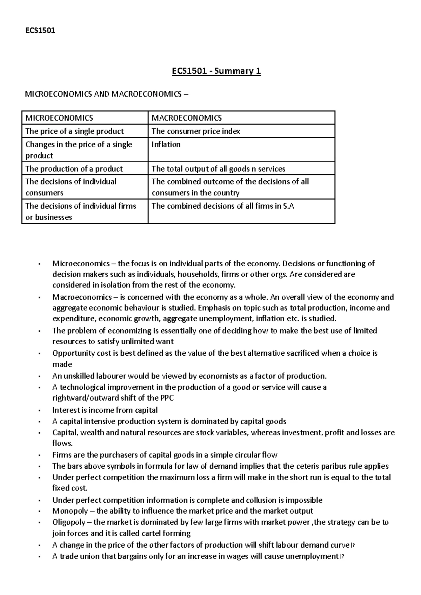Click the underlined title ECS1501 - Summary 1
(216, 72)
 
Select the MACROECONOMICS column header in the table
(186, 118)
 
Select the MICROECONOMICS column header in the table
(59, 118)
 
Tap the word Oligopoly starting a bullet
(68, 522)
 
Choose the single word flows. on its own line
(62, 443)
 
